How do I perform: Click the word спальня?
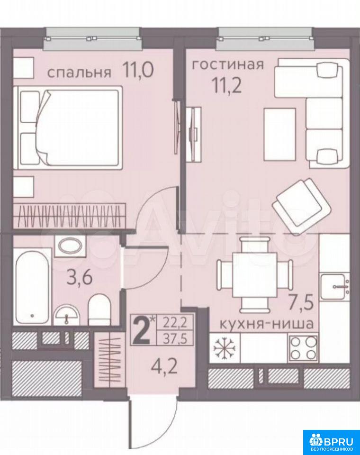79,73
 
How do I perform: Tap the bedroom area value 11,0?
137,70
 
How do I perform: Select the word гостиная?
228,64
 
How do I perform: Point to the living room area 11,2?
227,85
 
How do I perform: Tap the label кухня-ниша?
266,324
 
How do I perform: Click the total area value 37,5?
174,338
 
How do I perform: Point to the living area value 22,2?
174,322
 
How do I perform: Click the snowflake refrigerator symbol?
225,347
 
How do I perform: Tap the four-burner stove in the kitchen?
303,347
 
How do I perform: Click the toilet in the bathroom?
99,309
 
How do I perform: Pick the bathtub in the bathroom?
33,287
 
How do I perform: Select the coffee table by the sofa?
279,134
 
